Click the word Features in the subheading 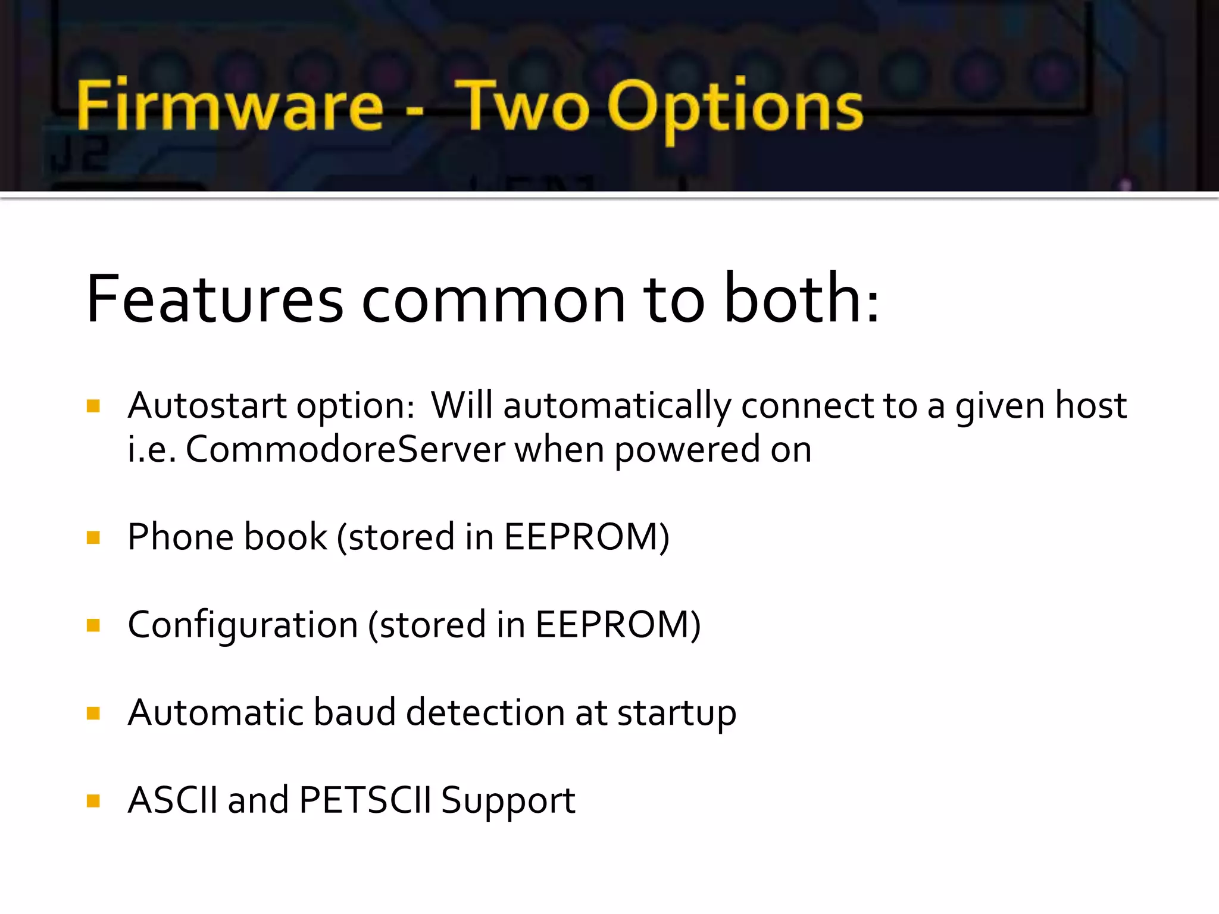(x=215, y=299)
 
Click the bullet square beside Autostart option (x=93, y=406)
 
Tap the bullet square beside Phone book (x=93, y=538)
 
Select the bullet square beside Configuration (x=93, y=625)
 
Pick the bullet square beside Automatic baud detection (x=93, y=713)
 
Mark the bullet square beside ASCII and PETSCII (x=93, y=800)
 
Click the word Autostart (x=207, y=406)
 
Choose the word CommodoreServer (x=345, y=449)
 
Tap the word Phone (x=180, y=537)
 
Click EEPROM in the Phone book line (x=582, y=537)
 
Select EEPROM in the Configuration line (x=612, y=625)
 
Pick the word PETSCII (x=364, y=800)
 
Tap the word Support (x=508, y=801)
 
